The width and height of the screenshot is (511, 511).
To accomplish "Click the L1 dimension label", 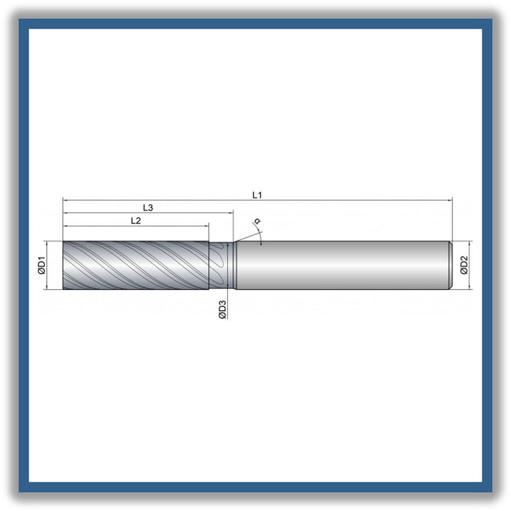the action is [x=257, y=195].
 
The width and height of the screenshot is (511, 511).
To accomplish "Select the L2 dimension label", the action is [x=136, y=221].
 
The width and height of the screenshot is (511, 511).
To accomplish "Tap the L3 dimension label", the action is [x=148, y=208].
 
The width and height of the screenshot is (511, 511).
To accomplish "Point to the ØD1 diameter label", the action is [x=42, y=265].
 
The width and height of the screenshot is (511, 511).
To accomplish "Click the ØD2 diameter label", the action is [x=464, y=265].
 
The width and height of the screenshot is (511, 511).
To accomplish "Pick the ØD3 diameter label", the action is [x=223, y=310].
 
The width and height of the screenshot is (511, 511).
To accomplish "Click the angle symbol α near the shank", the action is [x=257, y=221].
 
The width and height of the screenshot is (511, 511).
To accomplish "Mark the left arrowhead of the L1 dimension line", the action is [x=66, y=201].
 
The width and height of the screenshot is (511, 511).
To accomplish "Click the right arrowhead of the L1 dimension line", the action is [x=449, y=201].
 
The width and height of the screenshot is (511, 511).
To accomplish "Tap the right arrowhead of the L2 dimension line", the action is [x=206, y=226].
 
